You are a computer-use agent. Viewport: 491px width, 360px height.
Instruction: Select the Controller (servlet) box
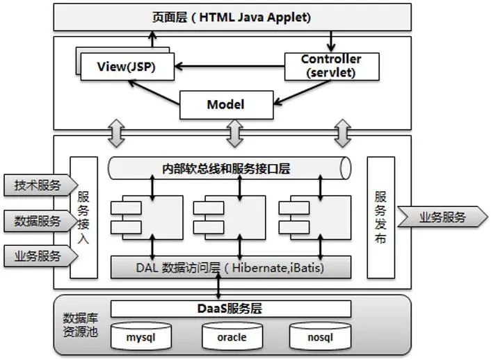point(331,66)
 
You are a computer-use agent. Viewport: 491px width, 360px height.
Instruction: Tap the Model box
point(225,106)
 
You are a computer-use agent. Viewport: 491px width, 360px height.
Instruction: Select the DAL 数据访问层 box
point(230,266)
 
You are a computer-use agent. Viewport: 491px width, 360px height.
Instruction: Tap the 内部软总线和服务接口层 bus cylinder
point(230,167)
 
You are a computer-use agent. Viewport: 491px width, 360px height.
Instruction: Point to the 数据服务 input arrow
point(38,222)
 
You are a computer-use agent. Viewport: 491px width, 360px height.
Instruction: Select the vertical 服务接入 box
point(83,218)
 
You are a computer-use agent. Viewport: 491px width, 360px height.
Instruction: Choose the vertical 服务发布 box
point(380,218)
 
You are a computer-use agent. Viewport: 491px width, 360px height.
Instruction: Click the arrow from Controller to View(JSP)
point(230,67)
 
